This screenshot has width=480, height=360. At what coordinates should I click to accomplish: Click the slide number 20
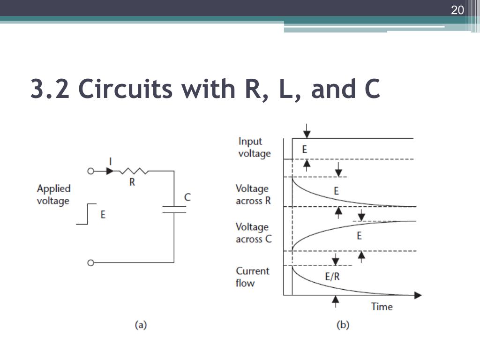click(x=457, y=10)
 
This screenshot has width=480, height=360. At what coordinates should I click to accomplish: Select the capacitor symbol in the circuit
click(x=174, y=209)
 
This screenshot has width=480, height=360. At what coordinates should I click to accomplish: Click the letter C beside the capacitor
click(x=187, y=197)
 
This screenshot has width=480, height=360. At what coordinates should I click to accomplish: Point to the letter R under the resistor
click(x=132, y=182)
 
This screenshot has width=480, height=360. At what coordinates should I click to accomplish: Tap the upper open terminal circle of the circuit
click(x=91, y=171)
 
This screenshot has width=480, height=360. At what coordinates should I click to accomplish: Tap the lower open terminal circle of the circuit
click(x=91, y=262)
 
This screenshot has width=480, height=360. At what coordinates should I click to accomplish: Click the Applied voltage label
click(x=53, y=195)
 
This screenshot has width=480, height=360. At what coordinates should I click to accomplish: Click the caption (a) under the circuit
click(x=141, y=324)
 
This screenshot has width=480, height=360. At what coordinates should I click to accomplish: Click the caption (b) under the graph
click(x=343, y=324)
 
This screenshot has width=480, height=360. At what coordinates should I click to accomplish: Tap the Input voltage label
click(x=254, y=147)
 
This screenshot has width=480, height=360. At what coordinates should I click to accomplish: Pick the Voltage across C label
click(x=254, y=233)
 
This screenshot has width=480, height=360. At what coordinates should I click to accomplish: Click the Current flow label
click(x=253, y=277)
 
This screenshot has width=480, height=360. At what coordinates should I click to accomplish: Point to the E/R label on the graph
click(x=332, y=277)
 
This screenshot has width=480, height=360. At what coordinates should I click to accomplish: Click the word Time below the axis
click(x=382, y=307)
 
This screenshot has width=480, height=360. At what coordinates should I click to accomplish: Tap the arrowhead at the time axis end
click(x=418, y=295)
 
